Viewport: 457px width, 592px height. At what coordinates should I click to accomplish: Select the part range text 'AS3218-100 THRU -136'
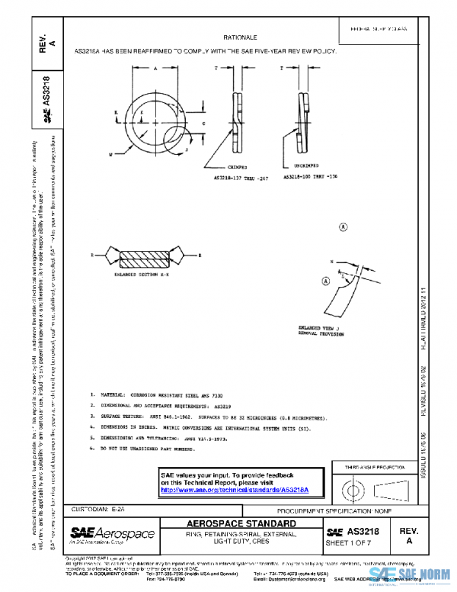pyautogui.click(x=306, y=176)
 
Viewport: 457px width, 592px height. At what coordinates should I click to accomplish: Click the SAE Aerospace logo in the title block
pyautogui.click(x=113, y=532)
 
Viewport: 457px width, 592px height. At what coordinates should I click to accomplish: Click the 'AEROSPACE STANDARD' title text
pyautogui.click(x=242, y=525)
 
